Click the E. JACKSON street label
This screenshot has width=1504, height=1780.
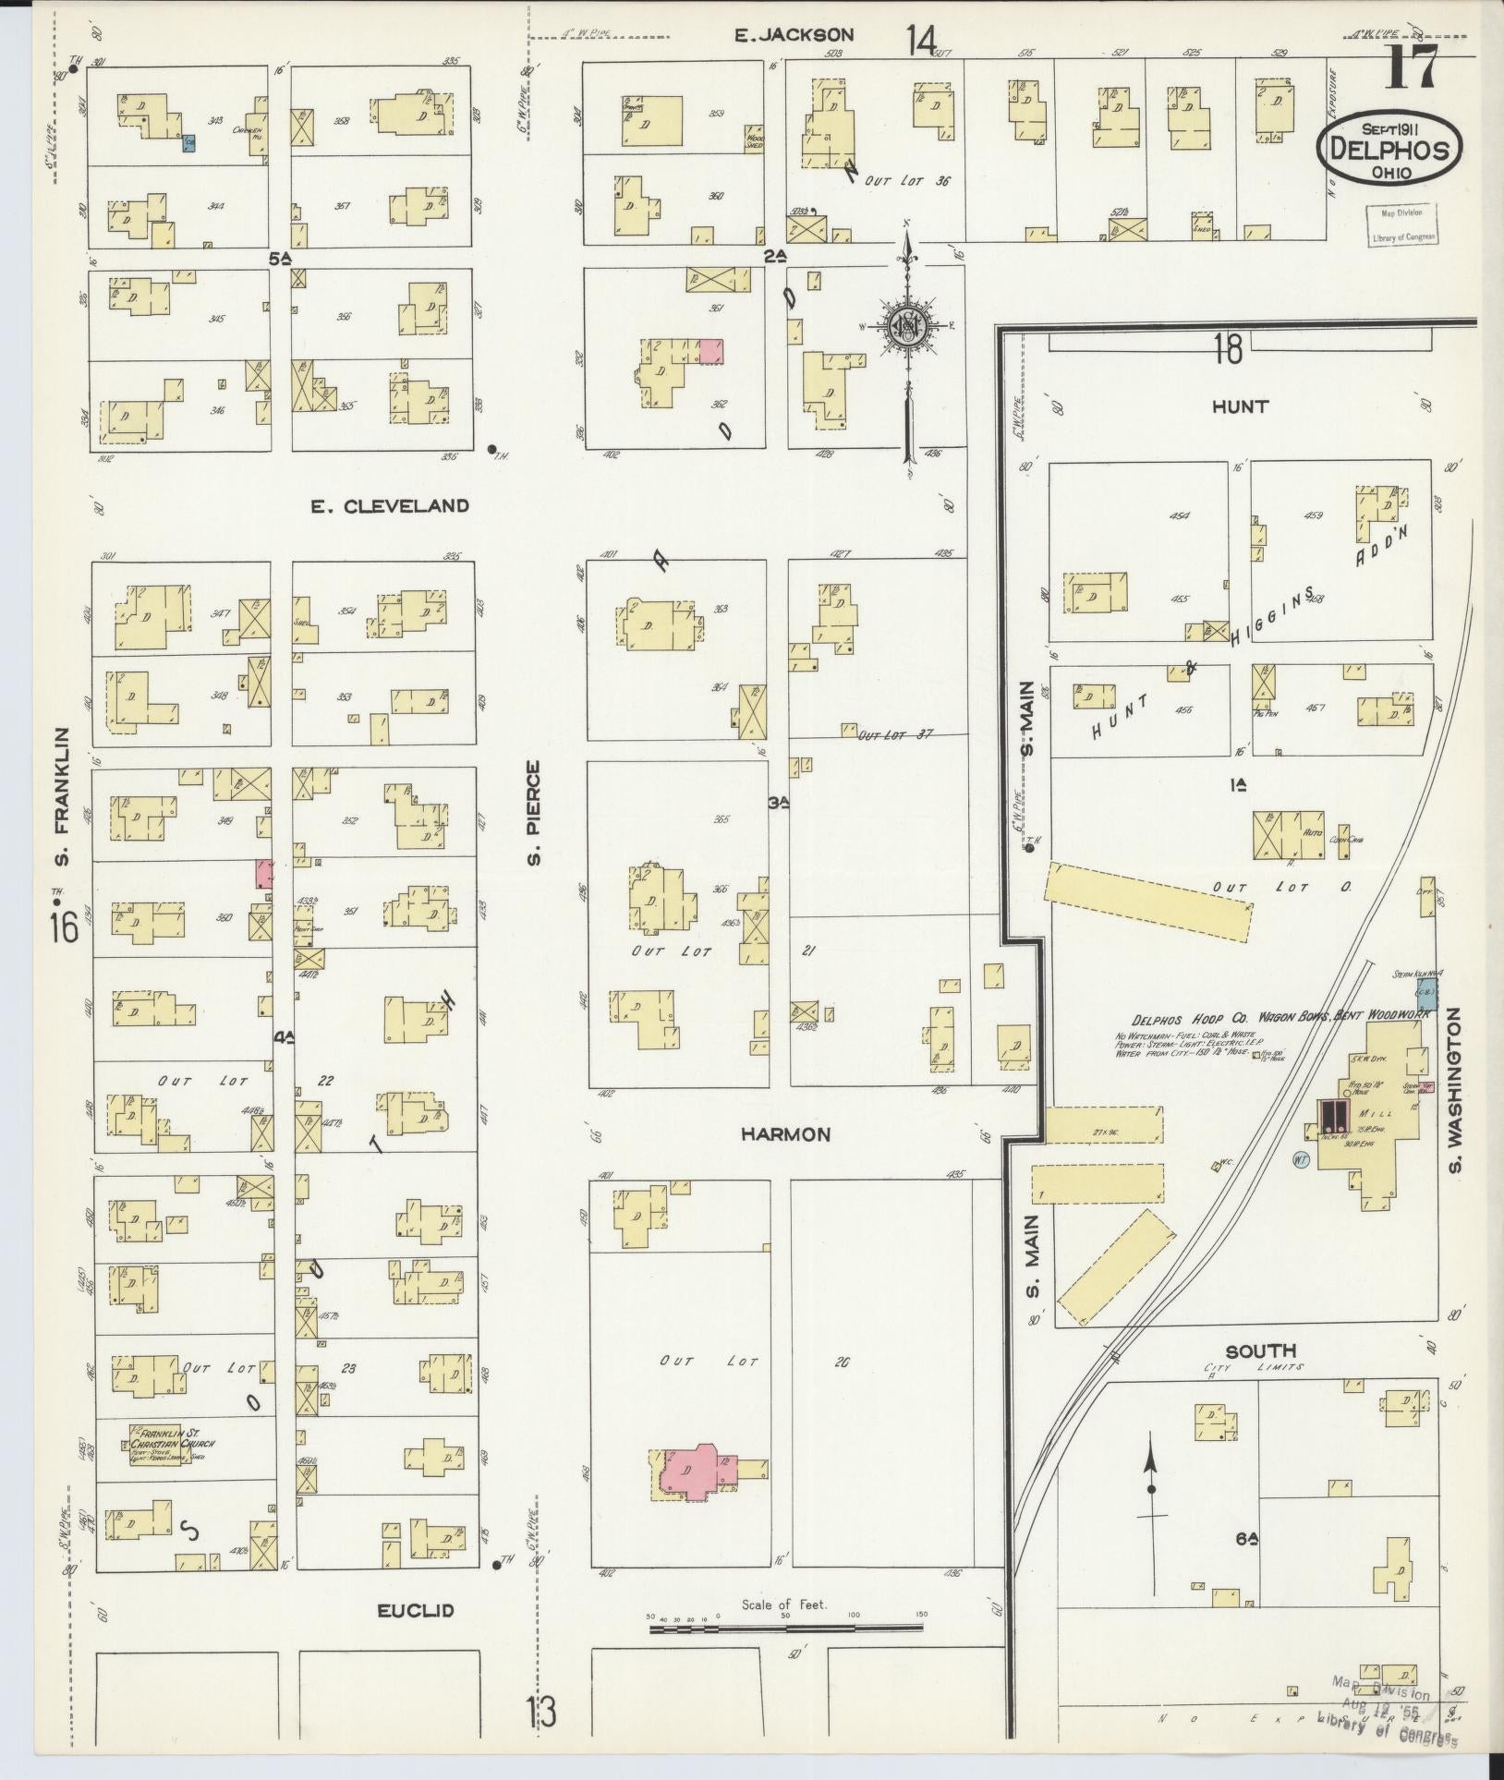click(x=794, y=35)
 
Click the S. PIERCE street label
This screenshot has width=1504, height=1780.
click(x=533, y=813)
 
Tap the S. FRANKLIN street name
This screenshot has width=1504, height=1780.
click(x=62, y=797)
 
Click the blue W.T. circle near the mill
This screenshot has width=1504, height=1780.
click(x=1301, y=1158)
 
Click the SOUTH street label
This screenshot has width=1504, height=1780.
click(x=1261, y=1350)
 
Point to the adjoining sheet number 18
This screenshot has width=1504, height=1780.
click(x=1228, y=350)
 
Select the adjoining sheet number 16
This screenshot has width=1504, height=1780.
click(x=64, y=926)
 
